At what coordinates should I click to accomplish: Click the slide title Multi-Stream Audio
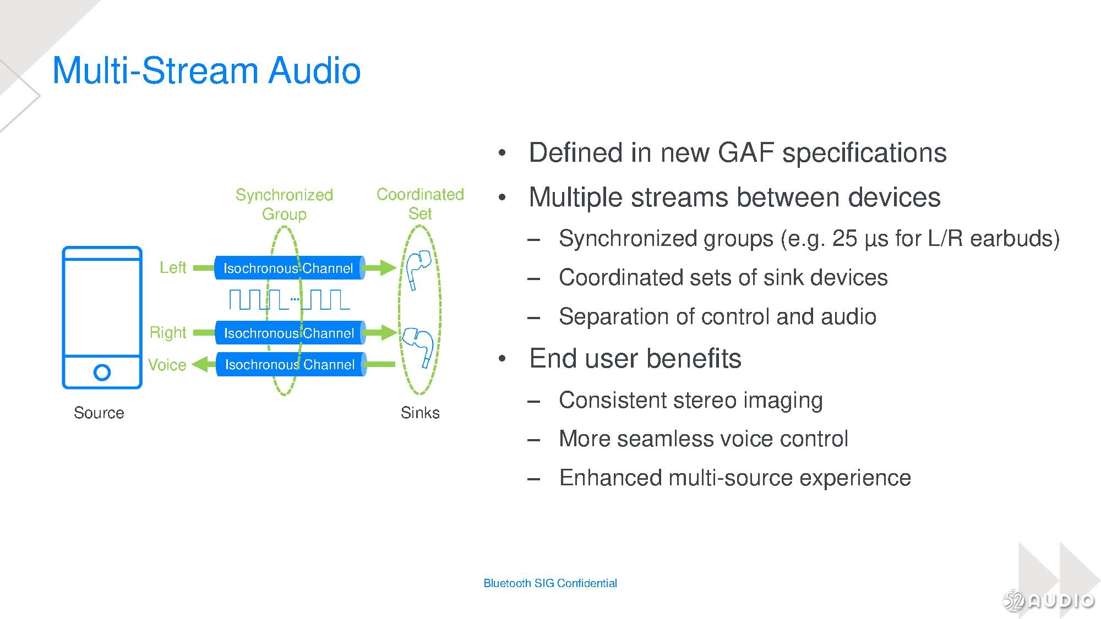(x=206, y=70)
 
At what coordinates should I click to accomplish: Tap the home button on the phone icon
(x=102, y=373)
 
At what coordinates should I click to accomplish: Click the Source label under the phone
(x=99, y=413)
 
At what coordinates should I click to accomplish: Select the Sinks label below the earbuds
(x=420, y=413)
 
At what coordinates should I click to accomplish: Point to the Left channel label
(x=173, y=267)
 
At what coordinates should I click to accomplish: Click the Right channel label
(x=168, y=332)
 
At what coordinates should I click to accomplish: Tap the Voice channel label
(x=167, y=365)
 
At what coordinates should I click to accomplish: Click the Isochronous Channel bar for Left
(x=289, y=268)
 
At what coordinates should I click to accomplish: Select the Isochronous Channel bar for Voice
(x=290, y=364)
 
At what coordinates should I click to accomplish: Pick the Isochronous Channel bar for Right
(x=290, y=333)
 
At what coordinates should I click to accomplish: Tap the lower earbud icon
(x=419, y=344)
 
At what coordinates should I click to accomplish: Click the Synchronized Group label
(x=284, y=204)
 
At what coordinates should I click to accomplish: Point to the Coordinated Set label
(x=420, y=204)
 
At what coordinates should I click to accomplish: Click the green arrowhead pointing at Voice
(x=200, y=364)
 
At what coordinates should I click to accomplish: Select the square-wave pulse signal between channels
(x=290, y=300)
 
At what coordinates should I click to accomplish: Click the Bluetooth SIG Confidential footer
(x=550, y=583)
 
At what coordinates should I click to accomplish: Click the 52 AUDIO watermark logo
(x=1049, y=600)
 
